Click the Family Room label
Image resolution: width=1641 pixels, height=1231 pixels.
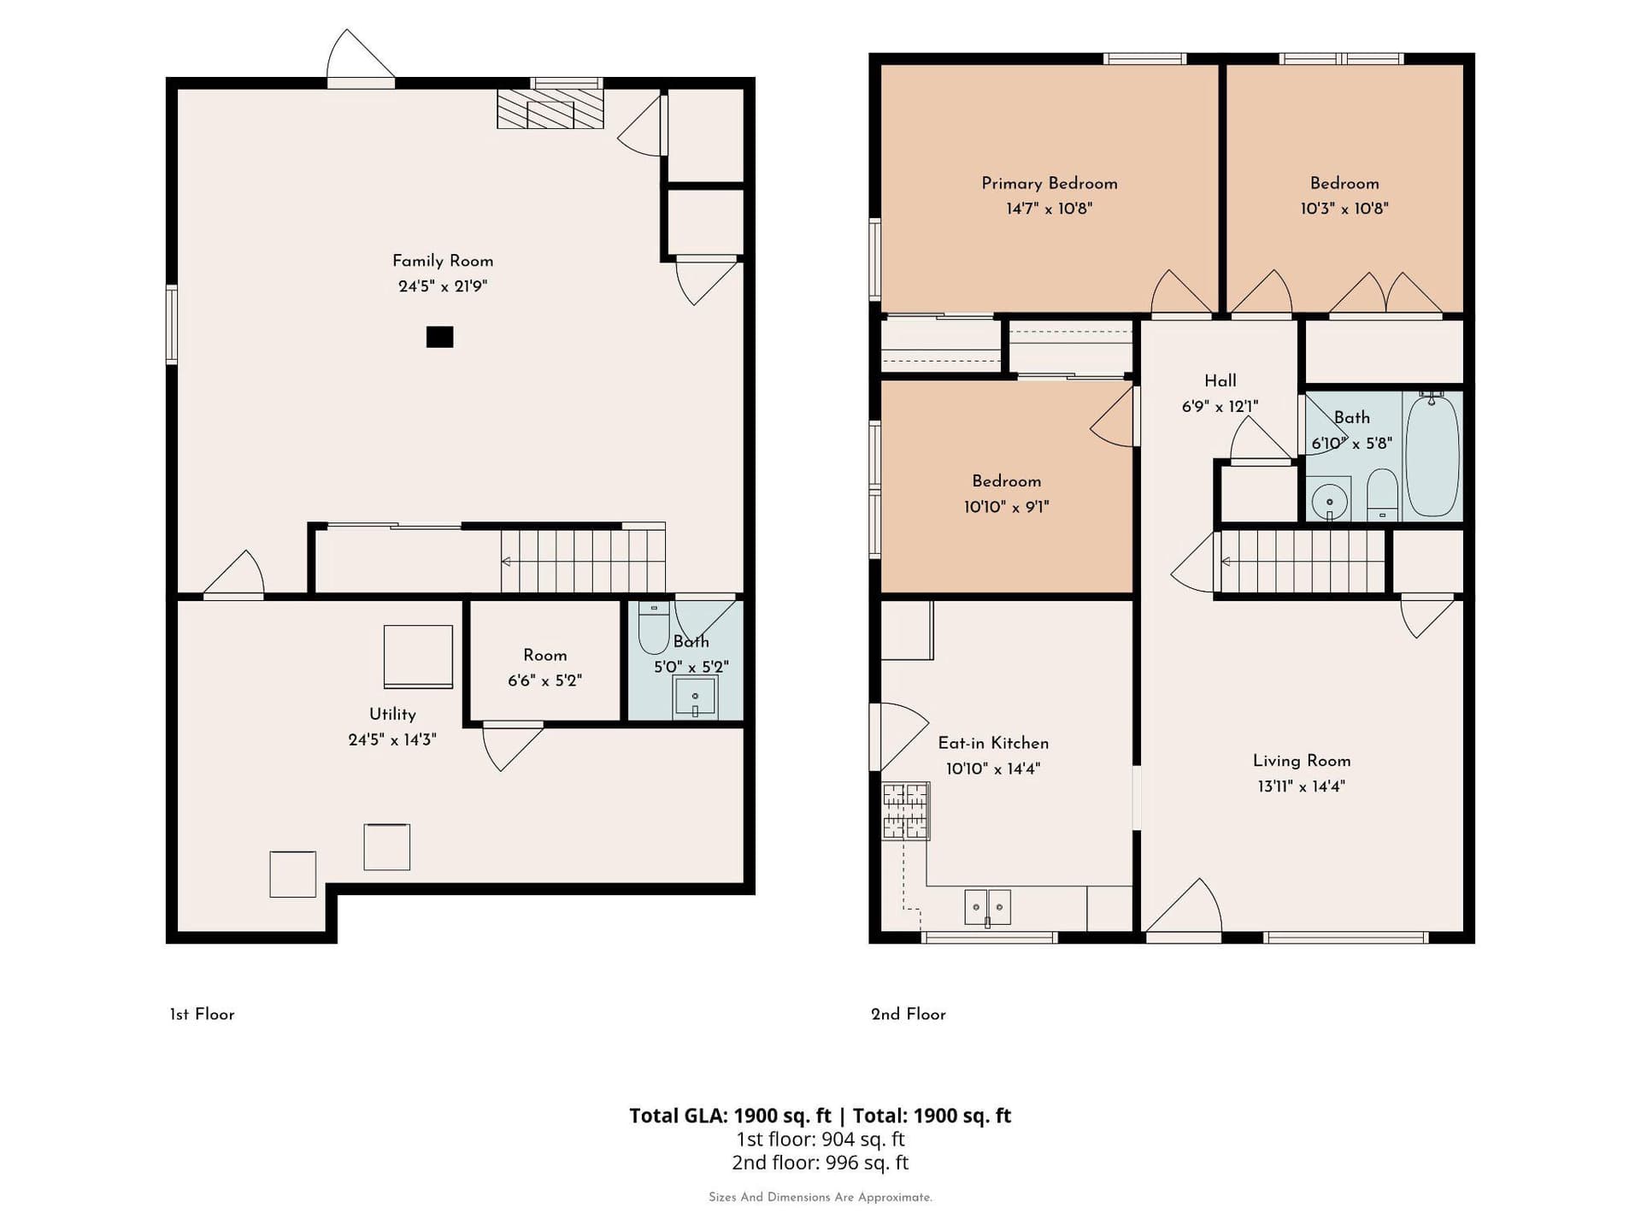point(443,261)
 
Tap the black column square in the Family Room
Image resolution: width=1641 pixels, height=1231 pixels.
point(439,337)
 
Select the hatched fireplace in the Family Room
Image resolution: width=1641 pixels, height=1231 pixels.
point(550,109)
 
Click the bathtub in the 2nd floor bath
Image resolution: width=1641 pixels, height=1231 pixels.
point(1432,456)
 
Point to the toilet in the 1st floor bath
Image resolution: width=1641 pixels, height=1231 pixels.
point(654,627)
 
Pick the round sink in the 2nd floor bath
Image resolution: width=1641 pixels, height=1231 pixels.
point(1329,501)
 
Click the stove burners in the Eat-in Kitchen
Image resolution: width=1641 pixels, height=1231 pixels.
point(905,810)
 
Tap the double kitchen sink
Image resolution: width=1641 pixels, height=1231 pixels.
point(987,907)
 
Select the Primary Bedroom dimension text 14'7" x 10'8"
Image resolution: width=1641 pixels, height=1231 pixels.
point(1049,209)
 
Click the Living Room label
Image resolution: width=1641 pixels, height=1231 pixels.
point(1302,761)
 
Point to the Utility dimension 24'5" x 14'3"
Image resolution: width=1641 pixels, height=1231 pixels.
point(392,739)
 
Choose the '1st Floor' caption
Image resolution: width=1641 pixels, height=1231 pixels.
point(202,1014)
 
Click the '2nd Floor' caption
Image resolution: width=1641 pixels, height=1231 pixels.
point(909,1014)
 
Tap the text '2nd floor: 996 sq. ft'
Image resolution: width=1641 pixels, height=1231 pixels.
point(820,1163)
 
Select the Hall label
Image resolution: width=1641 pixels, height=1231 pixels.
point(1220,381)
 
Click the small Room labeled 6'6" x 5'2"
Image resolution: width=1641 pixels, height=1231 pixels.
point(545,662)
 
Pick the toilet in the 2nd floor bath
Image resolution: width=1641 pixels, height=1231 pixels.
point(1382,494)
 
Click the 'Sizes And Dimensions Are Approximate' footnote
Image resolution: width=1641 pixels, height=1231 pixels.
point(820,1197)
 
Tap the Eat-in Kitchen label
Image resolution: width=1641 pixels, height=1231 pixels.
point(993,744)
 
